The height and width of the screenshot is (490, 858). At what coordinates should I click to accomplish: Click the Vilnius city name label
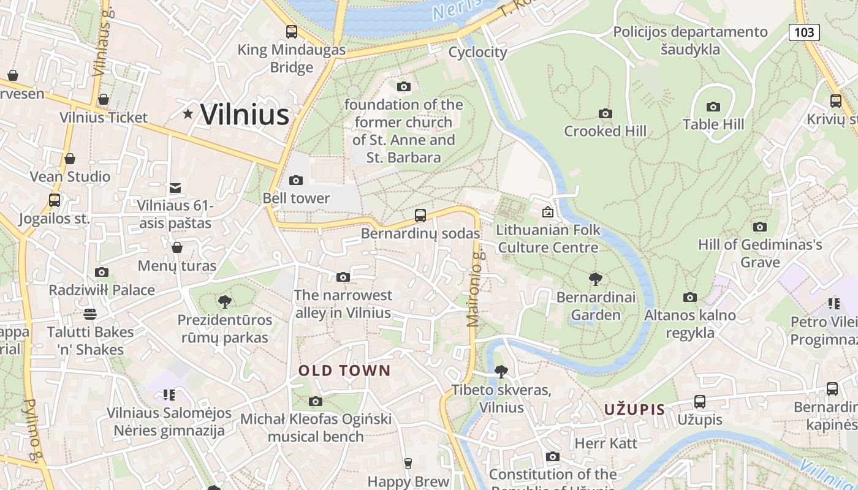click(x=245, y=115)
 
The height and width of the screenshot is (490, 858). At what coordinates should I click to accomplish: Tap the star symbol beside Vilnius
click(x=188, y=114)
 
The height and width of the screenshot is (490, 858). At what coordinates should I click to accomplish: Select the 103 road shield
click(x=803, y=32)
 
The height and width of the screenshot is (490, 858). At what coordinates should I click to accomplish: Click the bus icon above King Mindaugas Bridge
click(x=292, y=32)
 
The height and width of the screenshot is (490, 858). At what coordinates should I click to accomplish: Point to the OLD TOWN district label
click(x=344, y=371)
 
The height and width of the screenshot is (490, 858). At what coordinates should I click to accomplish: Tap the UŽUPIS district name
click(x=634, y=410)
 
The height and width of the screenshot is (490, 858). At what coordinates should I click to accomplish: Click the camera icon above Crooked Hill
click(x=605, y=113)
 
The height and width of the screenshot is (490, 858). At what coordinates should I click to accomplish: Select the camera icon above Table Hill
click(x=713, y=107)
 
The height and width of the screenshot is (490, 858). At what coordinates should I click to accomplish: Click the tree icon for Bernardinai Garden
click(x=595, y=279)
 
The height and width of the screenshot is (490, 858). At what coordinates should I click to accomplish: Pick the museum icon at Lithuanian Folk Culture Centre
click(x=547, y=212)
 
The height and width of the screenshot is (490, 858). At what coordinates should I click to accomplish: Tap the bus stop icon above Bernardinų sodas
click(x=420, y=215)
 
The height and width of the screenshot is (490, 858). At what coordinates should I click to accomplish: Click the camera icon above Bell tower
click(x=296, y=180)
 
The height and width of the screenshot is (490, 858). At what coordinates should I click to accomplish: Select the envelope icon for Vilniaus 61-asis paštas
click(x=175, y=187)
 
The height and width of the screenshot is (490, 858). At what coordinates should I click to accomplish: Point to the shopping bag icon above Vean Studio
click(x=70, y=159)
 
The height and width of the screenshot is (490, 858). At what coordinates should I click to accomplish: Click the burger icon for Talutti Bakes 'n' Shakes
click(x=90, y=314)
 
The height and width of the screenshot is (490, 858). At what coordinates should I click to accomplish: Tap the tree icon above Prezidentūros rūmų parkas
click(x=224, y=301)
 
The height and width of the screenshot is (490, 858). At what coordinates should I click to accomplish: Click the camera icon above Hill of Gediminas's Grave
click(x=759, y=227)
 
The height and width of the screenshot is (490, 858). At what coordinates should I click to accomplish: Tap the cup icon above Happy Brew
click(x=408, y=463)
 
